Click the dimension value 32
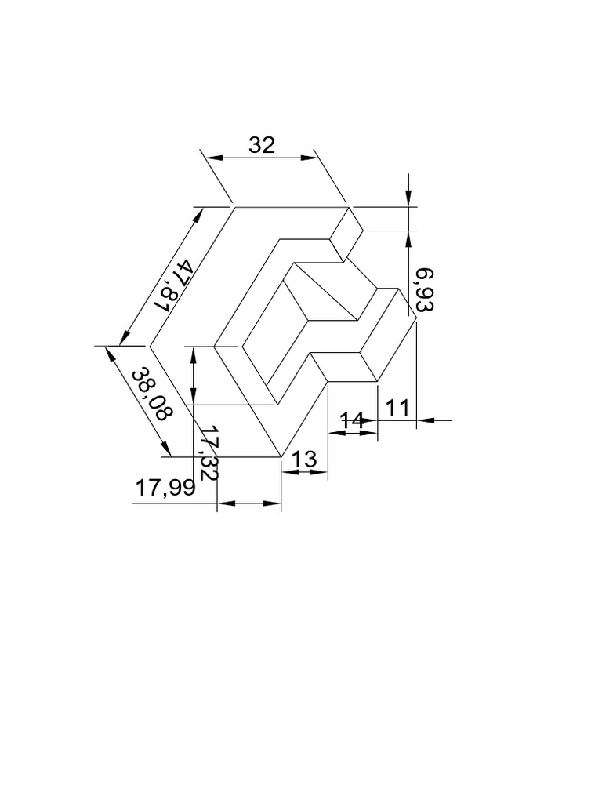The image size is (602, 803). tap(262, 145)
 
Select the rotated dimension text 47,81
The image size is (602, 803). tap(173, 285)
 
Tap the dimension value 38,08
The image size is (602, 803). tap(150, 394)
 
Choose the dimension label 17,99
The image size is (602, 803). tap(164, 488)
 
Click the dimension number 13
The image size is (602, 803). tap(304, 460)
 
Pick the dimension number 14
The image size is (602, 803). tap(352, 420)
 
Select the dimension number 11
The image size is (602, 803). tap(398, 407)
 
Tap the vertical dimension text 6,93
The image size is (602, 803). tap(424, 290)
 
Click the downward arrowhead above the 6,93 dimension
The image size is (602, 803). tap(408, 201)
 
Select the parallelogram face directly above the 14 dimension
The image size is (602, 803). tap(345, 367)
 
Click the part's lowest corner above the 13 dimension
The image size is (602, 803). tap(281, 456)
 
